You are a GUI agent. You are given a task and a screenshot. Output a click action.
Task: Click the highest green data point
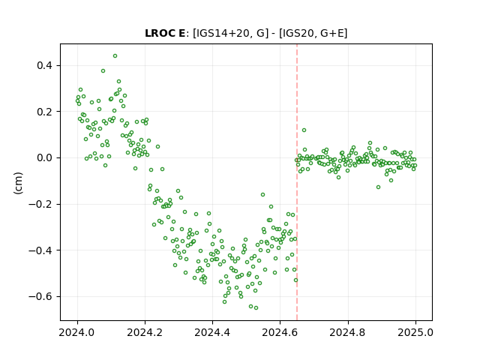click(x=115, y=56)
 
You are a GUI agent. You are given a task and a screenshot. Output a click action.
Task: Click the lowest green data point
click(x=256, y=308)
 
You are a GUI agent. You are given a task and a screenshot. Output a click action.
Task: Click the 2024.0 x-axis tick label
click(x=77, y=332)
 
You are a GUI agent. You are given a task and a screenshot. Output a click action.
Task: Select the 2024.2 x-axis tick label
click(x=145, y=332)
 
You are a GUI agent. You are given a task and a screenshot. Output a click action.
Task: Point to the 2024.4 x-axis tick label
click(x=212, y=332)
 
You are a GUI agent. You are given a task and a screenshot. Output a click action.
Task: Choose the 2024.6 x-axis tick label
click(x=280, y=332)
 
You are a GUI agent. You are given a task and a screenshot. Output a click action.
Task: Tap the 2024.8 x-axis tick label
click(x=348, y=332)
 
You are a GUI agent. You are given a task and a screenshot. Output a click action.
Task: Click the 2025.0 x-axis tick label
click(x=415, y=332)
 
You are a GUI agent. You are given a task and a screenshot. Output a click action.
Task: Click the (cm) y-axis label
click(x=18, y=182)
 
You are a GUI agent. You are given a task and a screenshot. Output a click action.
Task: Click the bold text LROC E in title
click(x=165, y=33)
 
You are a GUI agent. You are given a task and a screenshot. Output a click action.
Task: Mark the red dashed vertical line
click(x=297, y=182)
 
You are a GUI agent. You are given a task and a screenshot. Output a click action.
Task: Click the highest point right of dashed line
click(x=304, y=130)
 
